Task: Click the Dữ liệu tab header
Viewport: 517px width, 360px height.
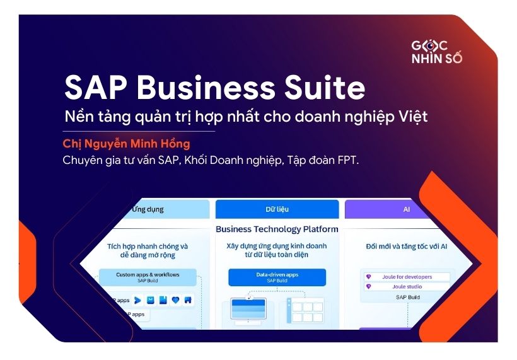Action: (x=277, y=209)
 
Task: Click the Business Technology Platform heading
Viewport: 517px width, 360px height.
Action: (x=277, y=229)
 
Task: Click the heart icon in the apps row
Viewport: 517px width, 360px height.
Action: (x=175, y=301)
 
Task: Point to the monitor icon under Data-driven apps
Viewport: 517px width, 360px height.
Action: (x=248, y=311)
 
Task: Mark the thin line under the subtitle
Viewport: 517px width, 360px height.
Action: (x=139, y=131)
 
